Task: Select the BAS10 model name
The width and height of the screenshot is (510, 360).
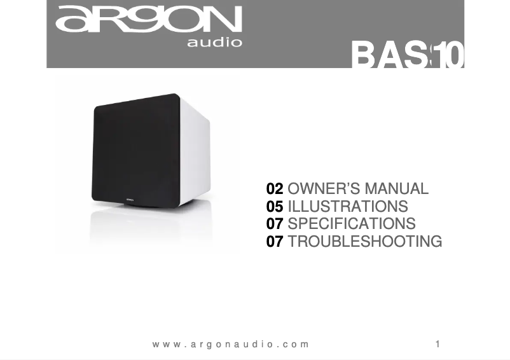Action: click(x=408, y=56)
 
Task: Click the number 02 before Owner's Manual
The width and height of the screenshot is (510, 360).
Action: click(x=275, y=189)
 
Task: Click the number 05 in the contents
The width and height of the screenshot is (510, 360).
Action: click(x=275, y=207)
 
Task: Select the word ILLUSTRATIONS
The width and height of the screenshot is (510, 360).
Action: click(x=348, y=207)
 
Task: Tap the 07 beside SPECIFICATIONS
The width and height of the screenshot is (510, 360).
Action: click(x=275, y=224)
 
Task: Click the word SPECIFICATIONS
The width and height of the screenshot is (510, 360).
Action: click(x=352, y=224)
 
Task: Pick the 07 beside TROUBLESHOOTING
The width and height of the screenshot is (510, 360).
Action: click(x=275, y=242)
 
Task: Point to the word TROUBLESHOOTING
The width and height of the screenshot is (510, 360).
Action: click(x=365, y=242)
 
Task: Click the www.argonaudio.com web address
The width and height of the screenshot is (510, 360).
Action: click(x=231, y=344)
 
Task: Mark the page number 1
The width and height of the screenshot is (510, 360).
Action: click(x=438, y=344)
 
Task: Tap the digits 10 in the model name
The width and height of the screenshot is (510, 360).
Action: click(x=451, y=56)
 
